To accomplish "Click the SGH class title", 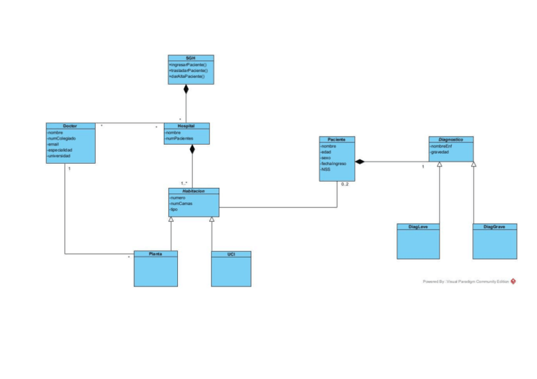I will pyautogui.click(x=191, y=58).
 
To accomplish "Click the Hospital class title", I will pyautogui.click(x=186, y=125).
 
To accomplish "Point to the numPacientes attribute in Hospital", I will pyautogui.click(x=180, y=138).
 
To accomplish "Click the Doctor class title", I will pyautogui.click(x=70, y=125).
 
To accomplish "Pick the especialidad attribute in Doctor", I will pyautogui.click(x=61, y=150).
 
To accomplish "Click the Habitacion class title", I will pyautogui.click(x=193, y=190).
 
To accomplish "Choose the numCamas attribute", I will pyautogui.click(x=181, y=203).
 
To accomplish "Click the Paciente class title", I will pyautogui.click(x=336, y=139).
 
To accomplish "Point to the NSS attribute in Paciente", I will pyautogui.click(x=327, y=169).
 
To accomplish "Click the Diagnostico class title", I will pyautogui.click(x=451, y=139).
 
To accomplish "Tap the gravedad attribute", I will pyautogui.click(x=440, y=152).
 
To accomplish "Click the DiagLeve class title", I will pyautogui.click(x=418, y=226).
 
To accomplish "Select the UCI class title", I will pyautogui.click(x=231, y=254).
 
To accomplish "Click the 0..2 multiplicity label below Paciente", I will pyautogui.click(x=345, y=184).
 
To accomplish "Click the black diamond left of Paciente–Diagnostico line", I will pyautogui.click(x=360, y=162).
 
